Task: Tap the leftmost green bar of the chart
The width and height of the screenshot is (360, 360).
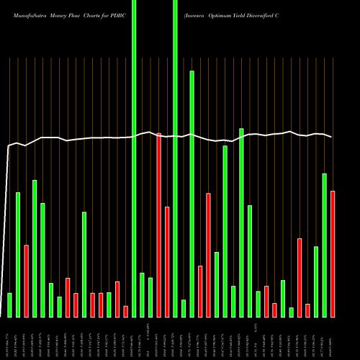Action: [x=9, y=305]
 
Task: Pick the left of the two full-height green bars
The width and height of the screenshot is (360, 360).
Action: [x=134, y=158]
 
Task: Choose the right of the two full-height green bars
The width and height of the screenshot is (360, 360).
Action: [x=175, y=158]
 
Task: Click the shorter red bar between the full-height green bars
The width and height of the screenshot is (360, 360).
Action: [x=167, y=261]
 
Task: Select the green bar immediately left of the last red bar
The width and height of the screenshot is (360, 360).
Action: [x=324, y=245]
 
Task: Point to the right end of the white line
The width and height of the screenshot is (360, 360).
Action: [x=331, y=137]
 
